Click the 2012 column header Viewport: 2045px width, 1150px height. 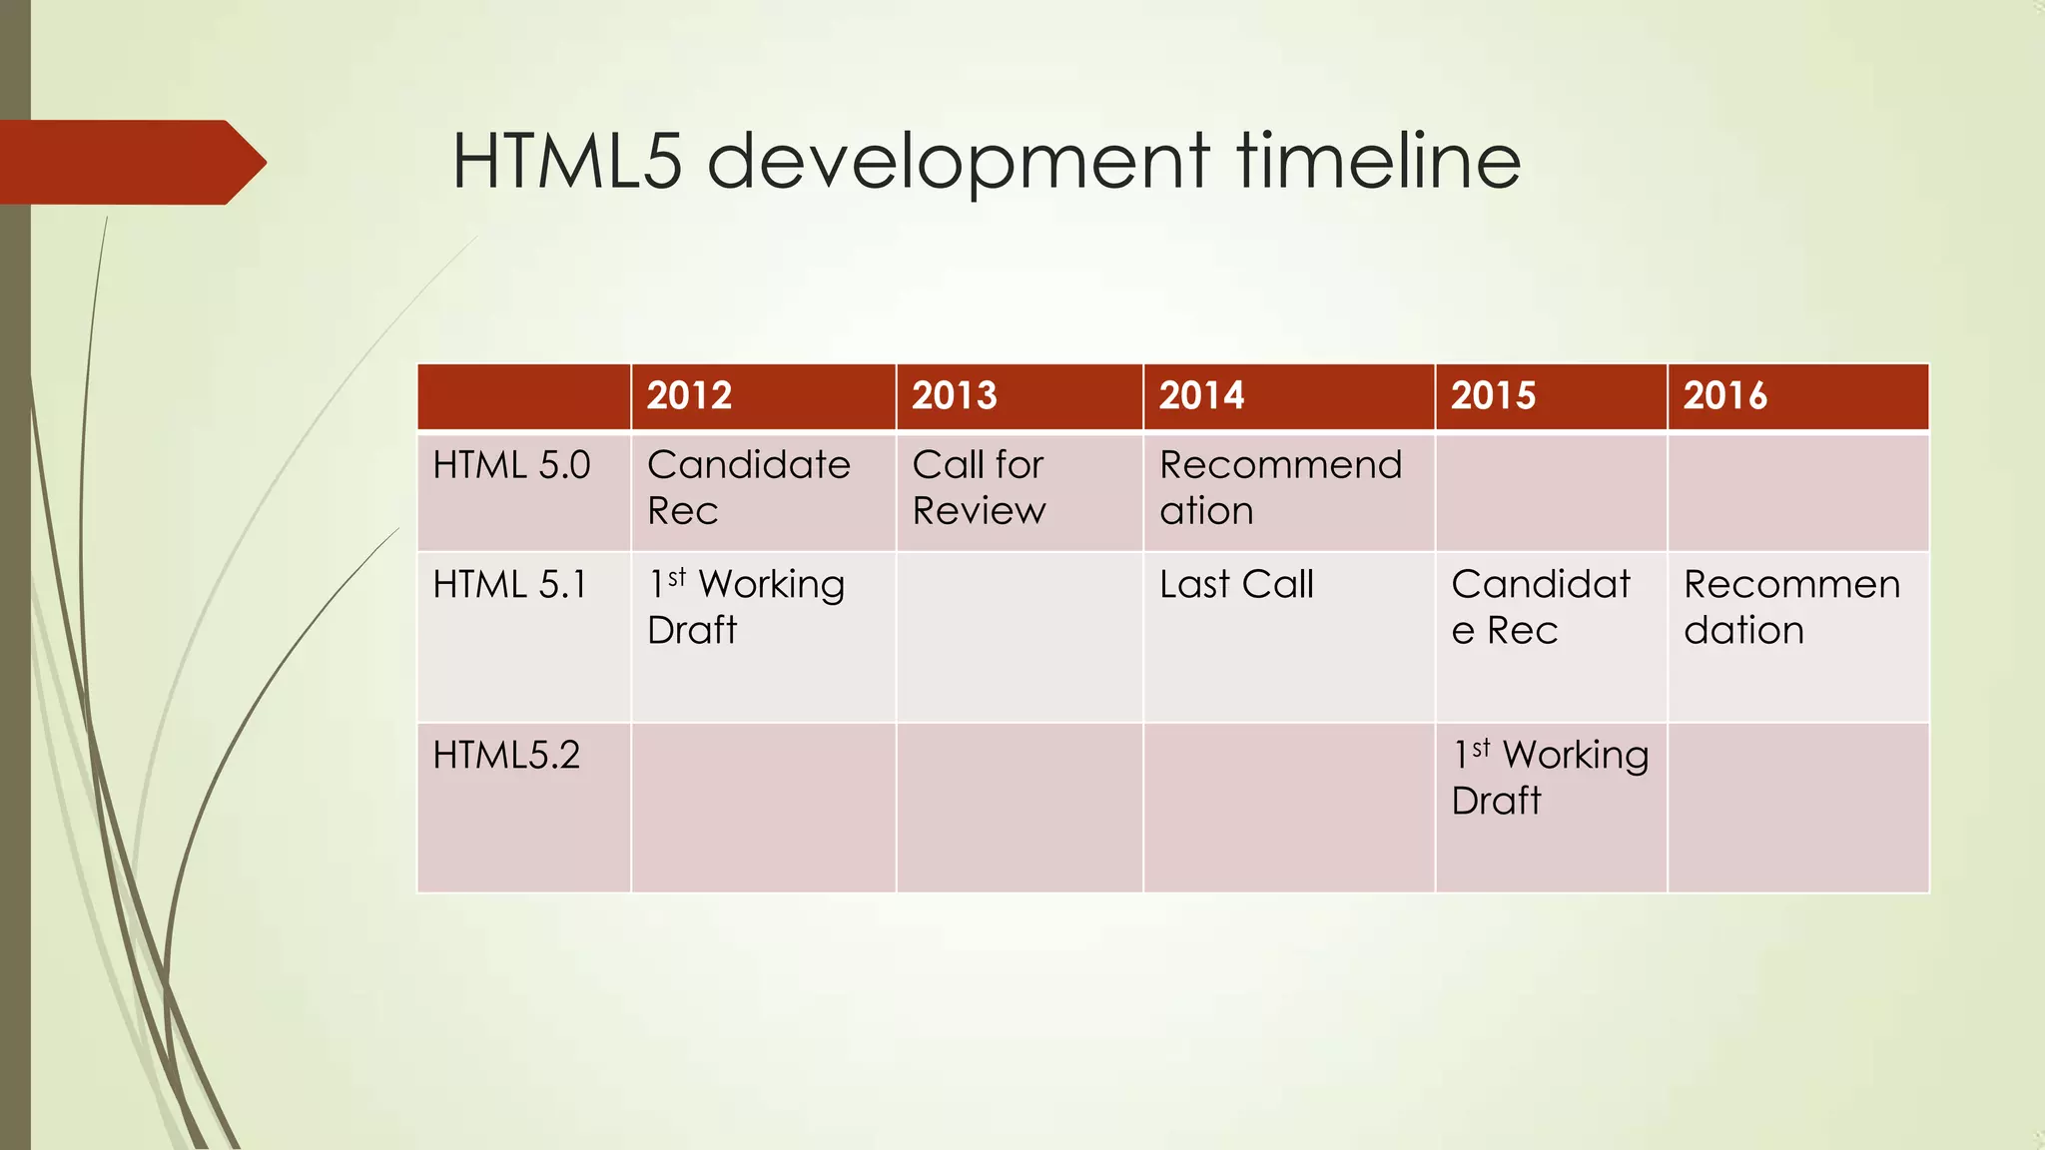(690, 396)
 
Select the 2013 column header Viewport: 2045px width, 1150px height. (955, 396)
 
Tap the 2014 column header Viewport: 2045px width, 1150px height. (1202, 396)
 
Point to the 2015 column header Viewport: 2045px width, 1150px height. (1494, 396)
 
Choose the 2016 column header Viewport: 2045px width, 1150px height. (1725, 396)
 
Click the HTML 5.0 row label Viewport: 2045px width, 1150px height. (511, 466)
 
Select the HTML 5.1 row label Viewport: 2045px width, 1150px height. (509, 585)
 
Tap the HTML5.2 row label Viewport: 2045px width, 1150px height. (506, 756)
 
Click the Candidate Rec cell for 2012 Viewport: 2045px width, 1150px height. (749, 488)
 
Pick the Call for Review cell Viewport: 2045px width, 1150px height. (979, 488)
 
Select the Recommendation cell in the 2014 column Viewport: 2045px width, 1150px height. (1280, 488)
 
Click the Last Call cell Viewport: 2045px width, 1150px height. (1236, 585)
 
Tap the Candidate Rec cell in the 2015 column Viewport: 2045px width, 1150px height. (1540, 607)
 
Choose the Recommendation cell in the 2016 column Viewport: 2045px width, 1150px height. (1791, 607)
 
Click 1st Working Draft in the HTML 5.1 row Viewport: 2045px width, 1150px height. (746, 607)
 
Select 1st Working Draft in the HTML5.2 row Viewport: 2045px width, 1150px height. (1550, 778)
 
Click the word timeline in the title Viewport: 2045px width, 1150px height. (1379, 162)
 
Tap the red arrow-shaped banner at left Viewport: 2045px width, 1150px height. (130, 163)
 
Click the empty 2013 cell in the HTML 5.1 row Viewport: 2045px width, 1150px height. (1019, 637)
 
